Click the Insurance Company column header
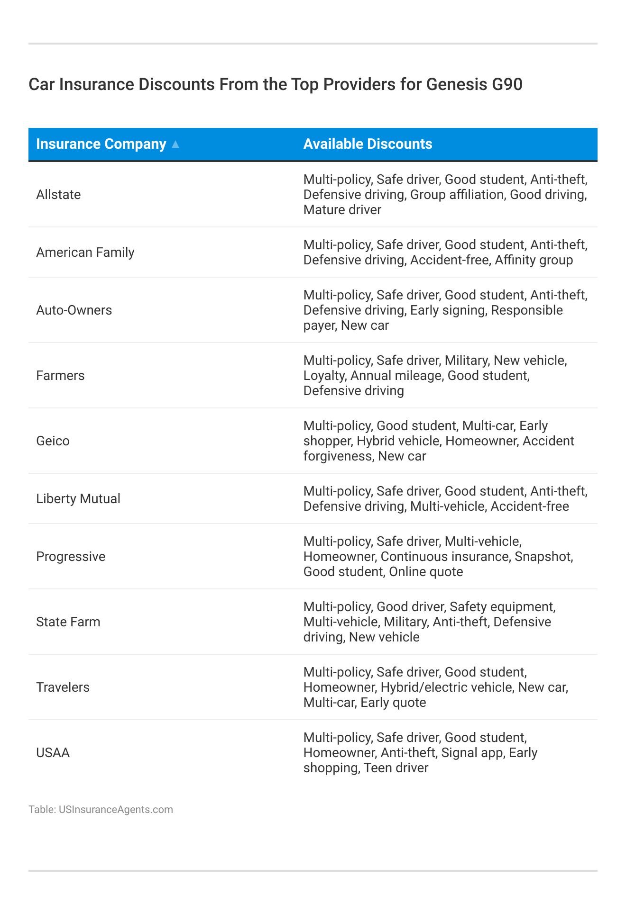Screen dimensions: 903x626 pos(101,144)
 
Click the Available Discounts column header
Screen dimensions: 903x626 pos(368,144)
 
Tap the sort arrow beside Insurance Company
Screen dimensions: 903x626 pos(175,144)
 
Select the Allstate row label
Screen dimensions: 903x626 pos(58,195)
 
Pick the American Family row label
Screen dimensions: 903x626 pos(85,253)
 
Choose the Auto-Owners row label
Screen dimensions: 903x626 pos(74,310)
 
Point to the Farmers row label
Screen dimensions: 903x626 pos(60,376)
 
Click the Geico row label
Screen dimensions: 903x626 pos(53,441)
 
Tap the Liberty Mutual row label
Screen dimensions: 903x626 pos(78,499)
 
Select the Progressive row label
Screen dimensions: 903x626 pos(71,557)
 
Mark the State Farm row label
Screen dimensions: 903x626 pos(68,622)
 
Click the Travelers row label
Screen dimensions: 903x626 pos(63,687)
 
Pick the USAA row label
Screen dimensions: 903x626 pos(53,753)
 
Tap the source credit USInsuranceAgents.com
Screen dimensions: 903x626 pos(116,810)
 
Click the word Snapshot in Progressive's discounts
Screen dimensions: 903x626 pos(543,557)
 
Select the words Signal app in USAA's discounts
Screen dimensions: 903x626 pos(472,753)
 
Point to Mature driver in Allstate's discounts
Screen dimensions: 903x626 pos(342,210)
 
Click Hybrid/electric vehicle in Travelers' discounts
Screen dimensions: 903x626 pos(446,687)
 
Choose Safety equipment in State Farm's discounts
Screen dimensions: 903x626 pos(502,607)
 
